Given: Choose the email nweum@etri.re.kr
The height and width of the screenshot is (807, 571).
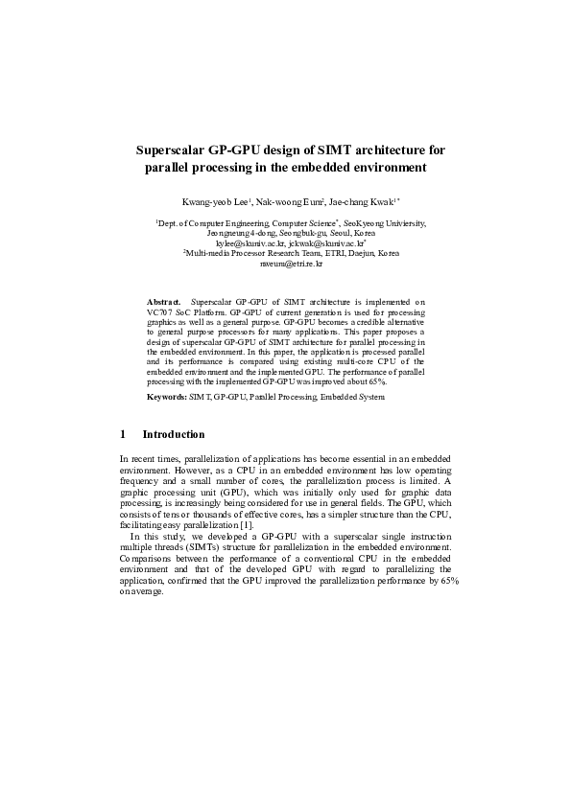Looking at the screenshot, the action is (x=285, y=264).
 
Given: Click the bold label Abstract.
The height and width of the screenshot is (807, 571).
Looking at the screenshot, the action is (x=163, y=302).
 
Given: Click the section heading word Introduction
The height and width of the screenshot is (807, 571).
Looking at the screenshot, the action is (x=174, y=434).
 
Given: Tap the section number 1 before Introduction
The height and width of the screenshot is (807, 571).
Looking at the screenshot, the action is (x=123, y=434).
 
